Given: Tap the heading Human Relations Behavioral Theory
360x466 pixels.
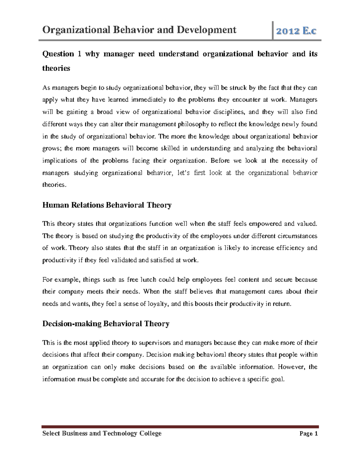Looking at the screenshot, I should click(x=107, y=205).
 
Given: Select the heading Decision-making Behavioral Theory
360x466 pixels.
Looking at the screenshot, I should click(x=106, y=324).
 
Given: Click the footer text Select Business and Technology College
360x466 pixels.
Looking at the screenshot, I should click(x=102, y=433).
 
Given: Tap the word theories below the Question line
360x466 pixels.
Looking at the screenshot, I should click(x=56, y=68).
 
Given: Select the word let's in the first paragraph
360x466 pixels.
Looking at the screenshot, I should click(x=182, y=173).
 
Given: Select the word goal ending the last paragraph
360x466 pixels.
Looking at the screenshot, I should click(x=277, y=379).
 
